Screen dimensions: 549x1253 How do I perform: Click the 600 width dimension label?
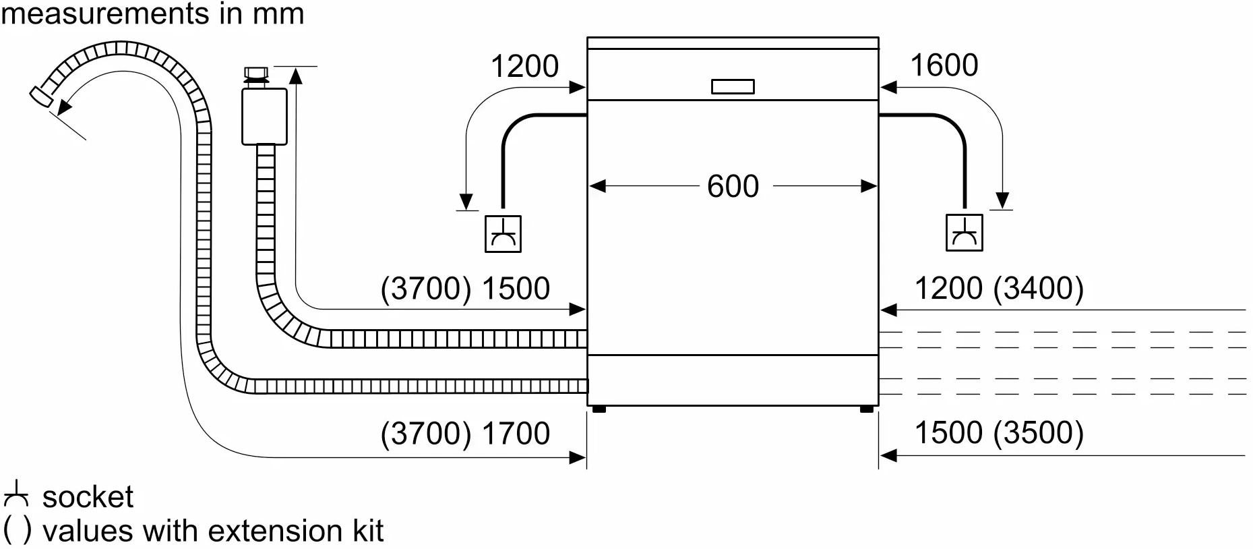tap(733, 186)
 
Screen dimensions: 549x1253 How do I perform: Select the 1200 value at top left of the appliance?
tap(524, 66)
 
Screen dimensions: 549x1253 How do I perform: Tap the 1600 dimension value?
tap(944, 65)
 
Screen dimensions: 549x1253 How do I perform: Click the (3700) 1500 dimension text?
tap(465, 289)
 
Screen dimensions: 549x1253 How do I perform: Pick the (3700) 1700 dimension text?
tap(465, 433)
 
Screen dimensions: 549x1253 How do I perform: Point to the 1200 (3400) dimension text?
tap(999, 289)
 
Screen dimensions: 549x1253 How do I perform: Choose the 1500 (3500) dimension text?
tap(999, 432)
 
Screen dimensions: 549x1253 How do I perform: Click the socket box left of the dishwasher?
tap(503, 234)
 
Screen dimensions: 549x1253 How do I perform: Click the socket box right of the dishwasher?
tap(964, 233)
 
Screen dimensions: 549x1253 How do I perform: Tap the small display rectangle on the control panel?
tap(733, 86)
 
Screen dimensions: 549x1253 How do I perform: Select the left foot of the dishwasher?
tap(597, 409)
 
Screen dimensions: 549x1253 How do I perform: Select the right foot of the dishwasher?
tap(867, 409)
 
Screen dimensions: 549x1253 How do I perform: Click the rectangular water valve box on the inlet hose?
tap(264, 116)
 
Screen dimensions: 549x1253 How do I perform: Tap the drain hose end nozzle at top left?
tap(40, 95)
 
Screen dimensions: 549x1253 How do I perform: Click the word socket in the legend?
tap(88, 497)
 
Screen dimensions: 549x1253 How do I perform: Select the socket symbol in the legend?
tap(16, 495)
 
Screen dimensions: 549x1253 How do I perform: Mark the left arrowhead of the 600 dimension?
tap(597, 186)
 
